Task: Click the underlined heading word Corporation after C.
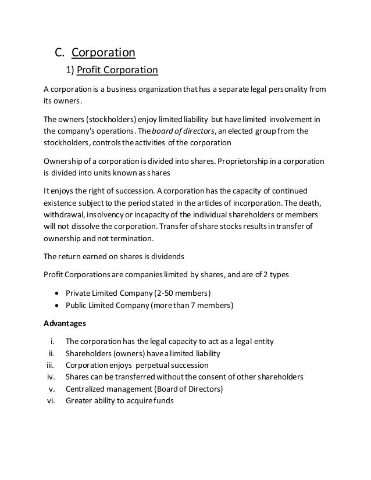[x=103, y=53]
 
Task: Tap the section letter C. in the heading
[x=60, y=53]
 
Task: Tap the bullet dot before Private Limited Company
[x=58, y=292]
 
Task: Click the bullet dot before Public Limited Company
[x=58, y=304]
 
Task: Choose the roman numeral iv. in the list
[x=50, y=377]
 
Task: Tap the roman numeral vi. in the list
[x=50, y=400]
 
